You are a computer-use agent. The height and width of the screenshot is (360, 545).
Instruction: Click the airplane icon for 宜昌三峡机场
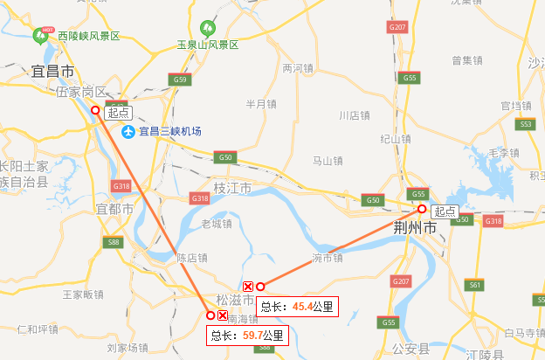click(x=129, y=131)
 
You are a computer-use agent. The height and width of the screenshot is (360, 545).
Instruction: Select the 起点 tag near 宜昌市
click(x=118, y=112)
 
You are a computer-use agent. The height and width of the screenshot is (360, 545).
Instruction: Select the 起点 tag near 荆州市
click(x=445, y=211)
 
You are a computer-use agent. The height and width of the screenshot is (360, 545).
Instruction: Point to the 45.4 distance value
click(x=302, y=307)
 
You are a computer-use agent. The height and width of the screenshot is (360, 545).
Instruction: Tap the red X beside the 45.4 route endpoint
click(x=247, y=287)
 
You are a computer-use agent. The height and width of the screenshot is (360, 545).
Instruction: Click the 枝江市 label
click(x=232, y=188)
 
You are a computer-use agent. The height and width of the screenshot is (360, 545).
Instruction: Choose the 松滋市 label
click(x=233, y=300)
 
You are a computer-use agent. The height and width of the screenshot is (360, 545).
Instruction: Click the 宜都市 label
click(x=114, y=210)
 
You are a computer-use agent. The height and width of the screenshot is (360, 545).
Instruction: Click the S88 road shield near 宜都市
click(x=113, y=242)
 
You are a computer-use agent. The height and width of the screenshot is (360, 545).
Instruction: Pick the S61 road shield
click(x=475, y=285)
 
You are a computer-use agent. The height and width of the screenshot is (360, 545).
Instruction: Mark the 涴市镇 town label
click(x=327, y=258)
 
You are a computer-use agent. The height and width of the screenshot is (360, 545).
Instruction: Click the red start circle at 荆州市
click(x=421, y=209)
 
